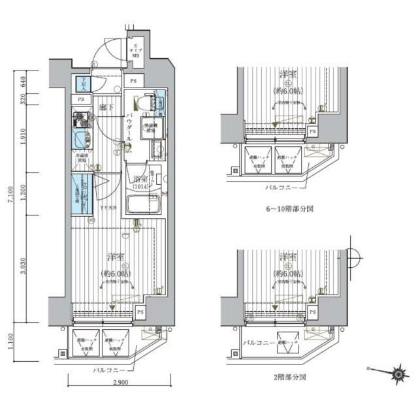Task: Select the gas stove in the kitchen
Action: tap(80, 120)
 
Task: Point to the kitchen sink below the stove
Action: tap(80, 140)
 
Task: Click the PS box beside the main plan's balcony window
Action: tap(140, 313)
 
